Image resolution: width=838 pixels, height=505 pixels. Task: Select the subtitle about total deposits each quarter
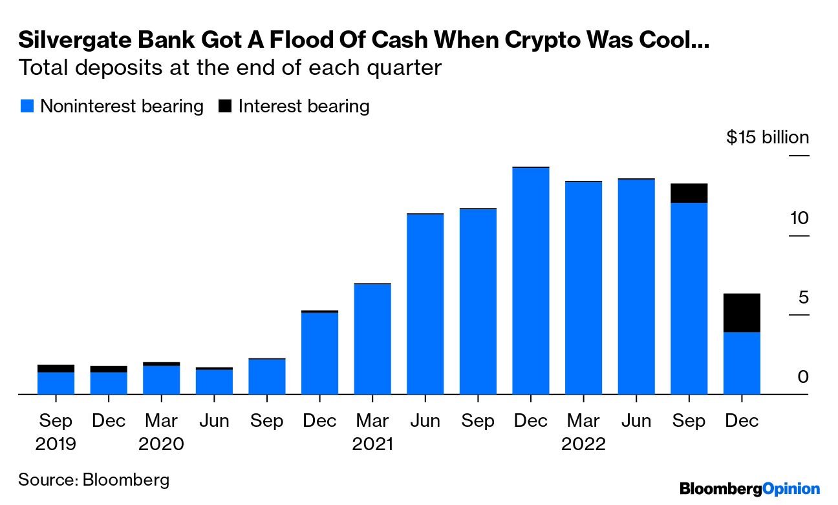point(230,68)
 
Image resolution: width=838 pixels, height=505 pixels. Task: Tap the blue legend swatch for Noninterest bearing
point(27,107)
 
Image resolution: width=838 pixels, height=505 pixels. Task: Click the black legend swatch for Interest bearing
point(224,107)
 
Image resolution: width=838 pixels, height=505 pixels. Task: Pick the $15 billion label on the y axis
point(768,138)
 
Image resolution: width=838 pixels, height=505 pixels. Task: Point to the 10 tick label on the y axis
point(799,218)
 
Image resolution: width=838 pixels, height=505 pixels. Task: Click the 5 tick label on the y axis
point(802,298)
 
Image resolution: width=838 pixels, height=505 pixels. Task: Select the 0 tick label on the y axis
point(802,376)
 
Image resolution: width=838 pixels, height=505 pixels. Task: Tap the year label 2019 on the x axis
point(56,445)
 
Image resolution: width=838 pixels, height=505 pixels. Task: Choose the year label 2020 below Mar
point(162,445)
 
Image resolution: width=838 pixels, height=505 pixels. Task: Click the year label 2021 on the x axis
point(373,445)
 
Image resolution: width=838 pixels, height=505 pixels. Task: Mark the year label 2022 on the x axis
point(584,445)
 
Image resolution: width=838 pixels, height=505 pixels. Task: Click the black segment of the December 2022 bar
point(742,313)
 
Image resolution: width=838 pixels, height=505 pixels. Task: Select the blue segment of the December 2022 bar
point(742,362)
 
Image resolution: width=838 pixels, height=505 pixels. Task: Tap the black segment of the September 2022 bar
point(689,193)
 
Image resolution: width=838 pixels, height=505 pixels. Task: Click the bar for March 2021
point(372,339)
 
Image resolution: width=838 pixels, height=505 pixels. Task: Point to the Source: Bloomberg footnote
point(94,480)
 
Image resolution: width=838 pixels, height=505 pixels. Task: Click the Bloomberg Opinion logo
point(749,489)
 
